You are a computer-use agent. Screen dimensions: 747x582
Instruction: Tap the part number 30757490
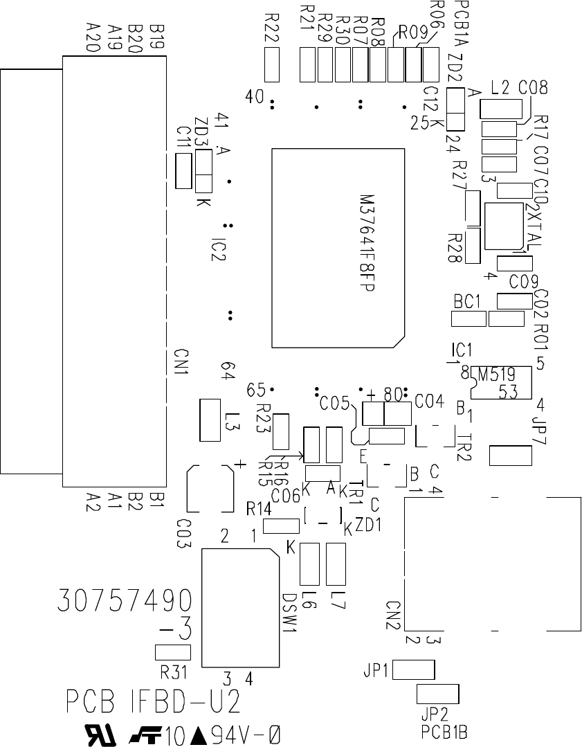pyautogui.click(x=125, y=600)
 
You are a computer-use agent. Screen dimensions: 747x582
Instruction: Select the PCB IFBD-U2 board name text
pyautogui.click(x=153, y=702)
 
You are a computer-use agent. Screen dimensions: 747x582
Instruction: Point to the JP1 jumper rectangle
pyautogui.click(x=413, y=670)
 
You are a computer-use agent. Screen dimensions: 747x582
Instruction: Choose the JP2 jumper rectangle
pyautogui.click(x=437, y=694)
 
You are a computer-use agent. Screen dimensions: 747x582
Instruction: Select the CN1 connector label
pyautogui.click(x=181, y=361)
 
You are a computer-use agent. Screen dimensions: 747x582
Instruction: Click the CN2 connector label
pyautogui.click(x=394, y=613)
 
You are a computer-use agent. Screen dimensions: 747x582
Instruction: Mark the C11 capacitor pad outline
pyautogui.click(x=183, y=170)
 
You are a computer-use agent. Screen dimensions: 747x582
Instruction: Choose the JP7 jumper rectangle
pyautogui.click(x=510, y=456)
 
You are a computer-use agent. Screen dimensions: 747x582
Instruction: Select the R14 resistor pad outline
pyautogui.click(x=280, y=526)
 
